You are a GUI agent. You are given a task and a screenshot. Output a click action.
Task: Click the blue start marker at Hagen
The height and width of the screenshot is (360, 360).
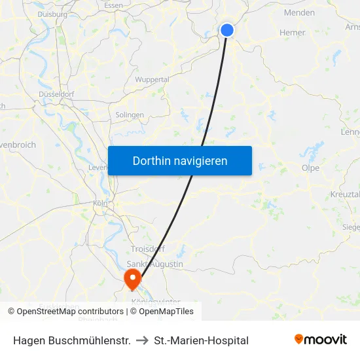[227, 30]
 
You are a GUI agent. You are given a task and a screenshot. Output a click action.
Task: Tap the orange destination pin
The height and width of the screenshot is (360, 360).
[132, 279]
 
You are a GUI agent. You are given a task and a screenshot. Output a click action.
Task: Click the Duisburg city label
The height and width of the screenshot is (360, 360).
[52, 13]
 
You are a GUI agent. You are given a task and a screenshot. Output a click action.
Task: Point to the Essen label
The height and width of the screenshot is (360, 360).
[113, 5]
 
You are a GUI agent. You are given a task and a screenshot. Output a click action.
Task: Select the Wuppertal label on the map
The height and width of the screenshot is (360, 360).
[152, 79]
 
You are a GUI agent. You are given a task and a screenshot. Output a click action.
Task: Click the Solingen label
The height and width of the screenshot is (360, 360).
[130, 115]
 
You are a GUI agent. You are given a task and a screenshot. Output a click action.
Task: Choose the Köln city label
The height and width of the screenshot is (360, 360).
[99, 204]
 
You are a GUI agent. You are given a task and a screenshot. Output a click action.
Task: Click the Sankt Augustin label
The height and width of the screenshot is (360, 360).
[155, 264]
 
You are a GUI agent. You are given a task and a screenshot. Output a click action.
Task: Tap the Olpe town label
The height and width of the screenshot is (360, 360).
[310, 167]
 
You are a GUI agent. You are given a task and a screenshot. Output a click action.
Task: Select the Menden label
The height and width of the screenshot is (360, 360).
[299, 12]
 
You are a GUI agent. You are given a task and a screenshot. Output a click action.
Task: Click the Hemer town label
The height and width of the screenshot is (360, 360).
[292, 32]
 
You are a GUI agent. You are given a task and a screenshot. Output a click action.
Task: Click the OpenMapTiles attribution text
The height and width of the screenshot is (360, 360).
[165, 312]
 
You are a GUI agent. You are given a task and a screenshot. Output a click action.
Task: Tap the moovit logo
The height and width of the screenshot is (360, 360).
[320, 339]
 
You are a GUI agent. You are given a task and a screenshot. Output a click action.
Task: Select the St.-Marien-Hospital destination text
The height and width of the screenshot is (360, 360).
[201, 340]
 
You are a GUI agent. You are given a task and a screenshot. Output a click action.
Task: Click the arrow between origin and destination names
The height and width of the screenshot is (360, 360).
[142, 340]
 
